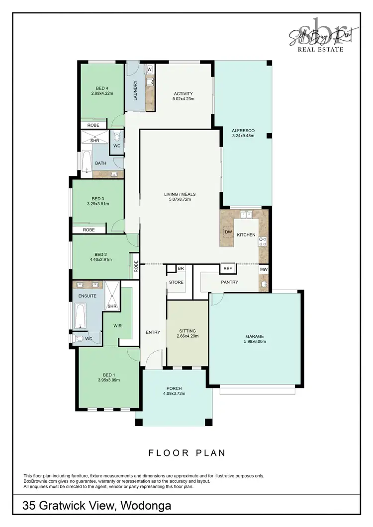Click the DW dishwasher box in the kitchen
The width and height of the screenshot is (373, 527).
[x=228, y=232]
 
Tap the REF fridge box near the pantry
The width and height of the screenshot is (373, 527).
[x=228, y=268]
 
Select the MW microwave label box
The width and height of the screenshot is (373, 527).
[x=263, y=269]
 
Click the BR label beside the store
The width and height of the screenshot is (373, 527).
[x=181, y=268]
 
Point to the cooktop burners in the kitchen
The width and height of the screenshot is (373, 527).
[x=263, y=242]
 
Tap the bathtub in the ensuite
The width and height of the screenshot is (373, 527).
[x=81, y=316]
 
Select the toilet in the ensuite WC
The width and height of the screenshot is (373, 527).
[x=78, y=339]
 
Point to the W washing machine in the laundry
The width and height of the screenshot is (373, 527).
[x=149, y=69]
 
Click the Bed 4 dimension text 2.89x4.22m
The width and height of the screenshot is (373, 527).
[x=102, y=93]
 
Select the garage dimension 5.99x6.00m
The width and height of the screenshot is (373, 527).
[x=254, y=342]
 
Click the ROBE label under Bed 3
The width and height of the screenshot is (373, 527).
[x=89, y=230]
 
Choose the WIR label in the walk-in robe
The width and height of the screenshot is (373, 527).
[x=117, y=326]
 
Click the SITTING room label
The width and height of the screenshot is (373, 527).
[x=187, y=331]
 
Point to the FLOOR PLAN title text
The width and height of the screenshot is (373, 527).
[x=187, y=452]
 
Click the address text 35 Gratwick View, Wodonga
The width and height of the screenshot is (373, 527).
[x=97, y=506]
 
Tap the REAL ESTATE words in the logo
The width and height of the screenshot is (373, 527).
[x=320, y=49]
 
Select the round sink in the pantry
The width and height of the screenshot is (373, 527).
[x=263, y=285]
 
